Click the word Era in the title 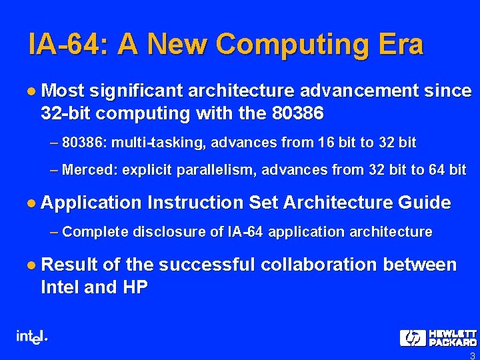(399, 44)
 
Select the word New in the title (177, 44)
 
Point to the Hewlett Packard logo (438, 337)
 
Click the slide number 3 (472, 355)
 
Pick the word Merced (87, 169)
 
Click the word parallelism (213, 169)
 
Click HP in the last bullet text (133, 287)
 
